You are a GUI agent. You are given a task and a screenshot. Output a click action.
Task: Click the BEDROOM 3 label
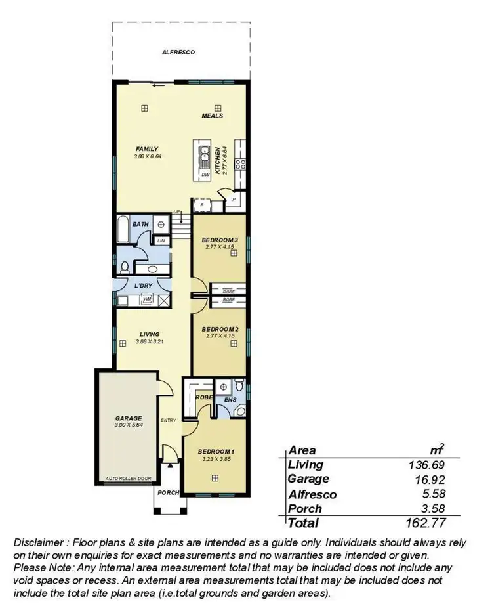click(x=219, y=240)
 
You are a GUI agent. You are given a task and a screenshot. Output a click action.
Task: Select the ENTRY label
click(x=168, y=420)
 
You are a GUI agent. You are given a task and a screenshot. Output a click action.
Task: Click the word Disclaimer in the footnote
click(x=41, y=542)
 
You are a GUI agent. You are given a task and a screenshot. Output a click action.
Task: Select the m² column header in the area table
click(x=436, y=450)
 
